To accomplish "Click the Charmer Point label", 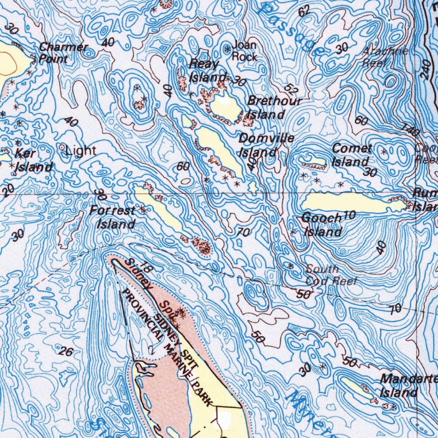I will coord(63,53).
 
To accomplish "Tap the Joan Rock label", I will coord(244,51).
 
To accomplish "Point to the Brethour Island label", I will coord(274,108).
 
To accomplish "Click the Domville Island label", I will coord(265,145).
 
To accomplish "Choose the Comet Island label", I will coord(352,155).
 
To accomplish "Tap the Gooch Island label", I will coord(322,225).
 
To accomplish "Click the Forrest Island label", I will coord(114,217).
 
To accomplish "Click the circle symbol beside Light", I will coord(62,148).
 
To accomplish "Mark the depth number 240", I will coord(426,68).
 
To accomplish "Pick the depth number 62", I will coord(304,12).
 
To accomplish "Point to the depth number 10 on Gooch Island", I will coord(349,215).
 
